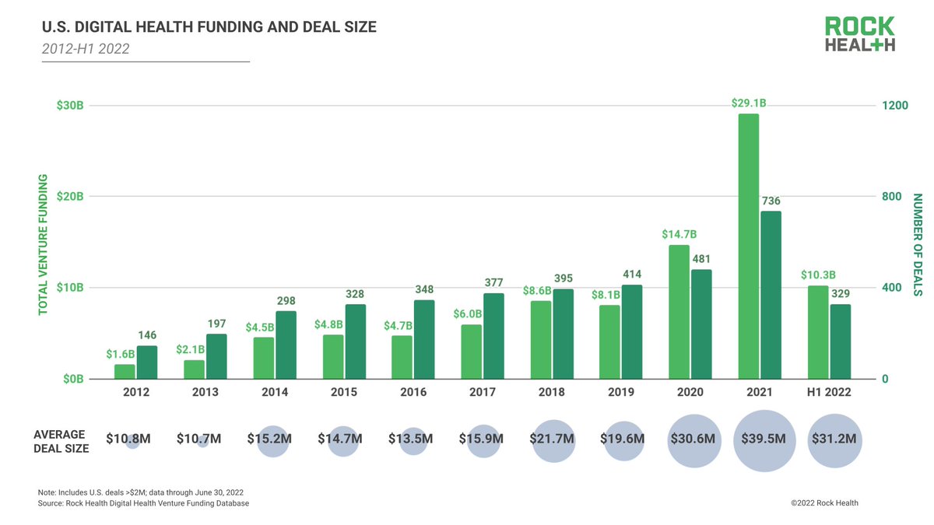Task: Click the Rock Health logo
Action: tap(860, 34)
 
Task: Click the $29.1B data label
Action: tap(748, 103)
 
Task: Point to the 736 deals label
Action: tap(771, 201)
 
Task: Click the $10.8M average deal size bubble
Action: tap(132, 440)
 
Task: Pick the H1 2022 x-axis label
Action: tap(830, 393)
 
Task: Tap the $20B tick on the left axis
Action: tap(71, 197)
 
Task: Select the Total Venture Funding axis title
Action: tap(44, 244)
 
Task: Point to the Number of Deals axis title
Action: tap(917, 244)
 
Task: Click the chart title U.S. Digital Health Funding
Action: tap(209, 28)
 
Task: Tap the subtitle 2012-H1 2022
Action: tap(86, 49)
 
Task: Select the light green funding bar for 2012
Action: tap(125, 372)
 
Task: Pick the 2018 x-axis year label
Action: tap(552, 393)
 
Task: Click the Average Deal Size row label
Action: tap(61, 441)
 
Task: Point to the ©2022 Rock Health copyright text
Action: tap(824, 503)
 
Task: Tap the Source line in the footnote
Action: tap(143, 504)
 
